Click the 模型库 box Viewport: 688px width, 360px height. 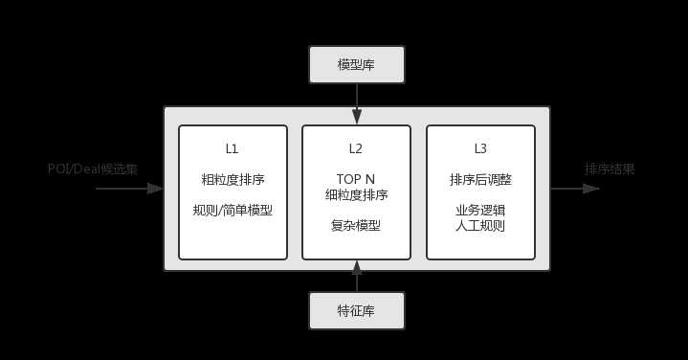[x=357, y=65]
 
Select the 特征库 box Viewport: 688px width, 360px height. [x=357, y=310]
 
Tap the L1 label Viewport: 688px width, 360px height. [x=233, y=149]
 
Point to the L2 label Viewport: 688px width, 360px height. [x=356, y=149]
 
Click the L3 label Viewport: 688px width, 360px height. [x=480, y=149]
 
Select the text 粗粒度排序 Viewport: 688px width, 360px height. [x=233, y=179]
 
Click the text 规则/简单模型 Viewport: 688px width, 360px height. [x=233, y=209]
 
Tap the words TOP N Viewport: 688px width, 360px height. [x=356, y=179]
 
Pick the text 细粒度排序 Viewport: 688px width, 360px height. [x=356, y=195]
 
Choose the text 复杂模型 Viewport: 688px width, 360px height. [x=356, y=226]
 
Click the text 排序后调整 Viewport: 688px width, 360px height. [x=480, y=179]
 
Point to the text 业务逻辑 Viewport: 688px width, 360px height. [x=480, y=210]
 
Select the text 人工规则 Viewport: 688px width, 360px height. [x=480, y=226]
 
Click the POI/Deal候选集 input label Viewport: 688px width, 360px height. [x=93, y=169]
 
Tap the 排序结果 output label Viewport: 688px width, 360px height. [x=610, y=169]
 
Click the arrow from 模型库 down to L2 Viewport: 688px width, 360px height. [x=357, y=103]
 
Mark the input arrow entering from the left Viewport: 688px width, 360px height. [x=129, y=189]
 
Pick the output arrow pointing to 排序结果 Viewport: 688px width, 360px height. [x=574, y=189]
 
